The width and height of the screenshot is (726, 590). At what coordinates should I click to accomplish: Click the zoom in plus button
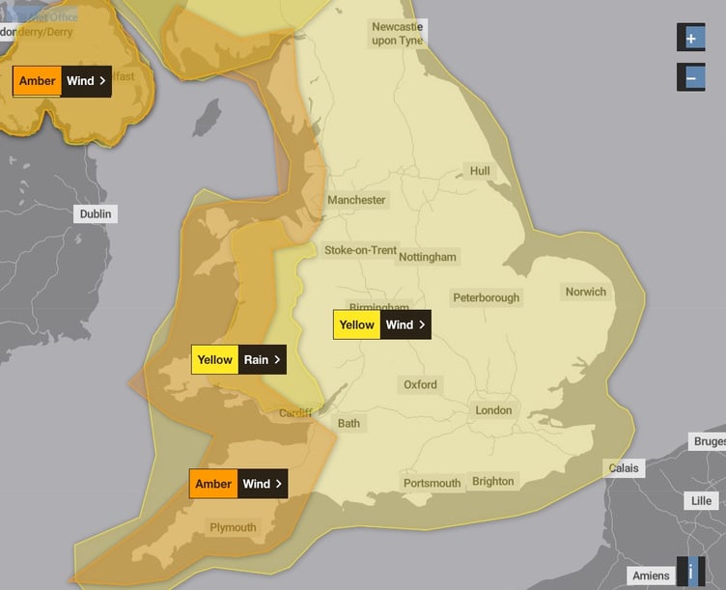tap(690, 38)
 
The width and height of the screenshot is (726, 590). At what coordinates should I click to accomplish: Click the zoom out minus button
tap(690, 76)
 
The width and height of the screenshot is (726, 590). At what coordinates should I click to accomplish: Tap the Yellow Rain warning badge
tap(238, 359)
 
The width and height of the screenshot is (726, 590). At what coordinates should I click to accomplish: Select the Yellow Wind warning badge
tap(381, 324)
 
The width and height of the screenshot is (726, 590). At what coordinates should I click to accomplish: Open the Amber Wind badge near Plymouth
tap(237, 484)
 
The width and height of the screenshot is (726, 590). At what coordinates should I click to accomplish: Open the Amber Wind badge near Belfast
tap(62, 81)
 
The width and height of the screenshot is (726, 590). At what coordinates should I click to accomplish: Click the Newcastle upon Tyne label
tap(397, 34)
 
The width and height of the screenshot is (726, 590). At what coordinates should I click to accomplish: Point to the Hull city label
tap(480, 171)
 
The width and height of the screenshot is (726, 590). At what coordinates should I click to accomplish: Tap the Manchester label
tap(356, 200)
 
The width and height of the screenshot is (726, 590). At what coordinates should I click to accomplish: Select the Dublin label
tap(96, 213)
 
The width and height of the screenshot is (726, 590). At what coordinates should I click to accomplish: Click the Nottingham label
tap(428, 257)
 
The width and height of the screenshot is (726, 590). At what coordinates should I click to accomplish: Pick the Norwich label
tap(586, 292)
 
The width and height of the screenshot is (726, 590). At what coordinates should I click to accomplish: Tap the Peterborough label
tap(486, 297)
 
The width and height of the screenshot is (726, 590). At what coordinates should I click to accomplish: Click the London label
tap(493, 410)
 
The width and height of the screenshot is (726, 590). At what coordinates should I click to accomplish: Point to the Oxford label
tap(420, 384)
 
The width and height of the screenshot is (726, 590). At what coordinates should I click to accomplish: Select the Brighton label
tap(493, 481)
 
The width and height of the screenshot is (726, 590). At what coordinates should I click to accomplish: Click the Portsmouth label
tap(432, 483)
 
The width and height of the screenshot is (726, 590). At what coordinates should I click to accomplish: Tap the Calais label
tap(624, 468)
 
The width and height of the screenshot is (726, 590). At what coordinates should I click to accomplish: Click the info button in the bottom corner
tap(690, 571)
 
